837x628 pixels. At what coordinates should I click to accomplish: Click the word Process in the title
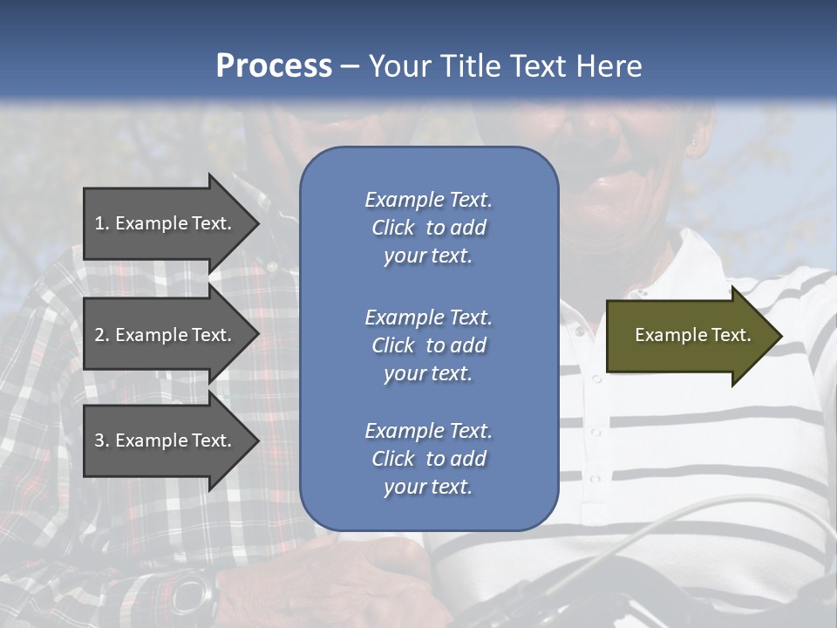[x=274, y=66]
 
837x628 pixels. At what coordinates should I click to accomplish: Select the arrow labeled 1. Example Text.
[x=166, y=223]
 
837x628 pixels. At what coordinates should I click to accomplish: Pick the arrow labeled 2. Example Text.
[x=166, y=335]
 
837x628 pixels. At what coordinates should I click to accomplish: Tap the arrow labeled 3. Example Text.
[x=166, y=440]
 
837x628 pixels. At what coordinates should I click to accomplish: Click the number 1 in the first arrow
[x=99, y=223]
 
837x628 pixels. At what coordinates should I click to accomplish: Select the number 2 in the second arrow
[x=99, y=335]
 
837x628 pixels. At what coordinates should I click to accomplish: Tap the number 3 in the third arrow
[x=99, y=440]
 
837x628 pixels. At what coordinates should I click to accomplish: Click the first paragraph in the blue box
[x=428, y=228]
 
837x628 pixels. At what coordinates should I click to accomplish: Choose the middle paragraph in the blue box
[x=428, y=345]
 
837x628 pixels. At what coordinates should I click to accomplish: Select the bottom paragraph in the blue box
[x=428, y=459]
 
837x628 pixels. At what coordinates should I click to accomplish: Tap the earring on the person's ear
[x=695, y=141]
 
